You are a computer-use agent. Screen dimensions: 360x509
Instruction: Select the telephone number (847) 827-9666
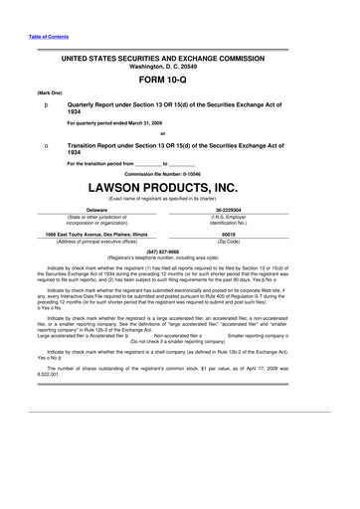[x=180, y=252]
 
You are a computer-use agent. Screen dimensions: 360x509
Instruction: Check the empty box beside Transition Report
[x=34, y=145]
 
